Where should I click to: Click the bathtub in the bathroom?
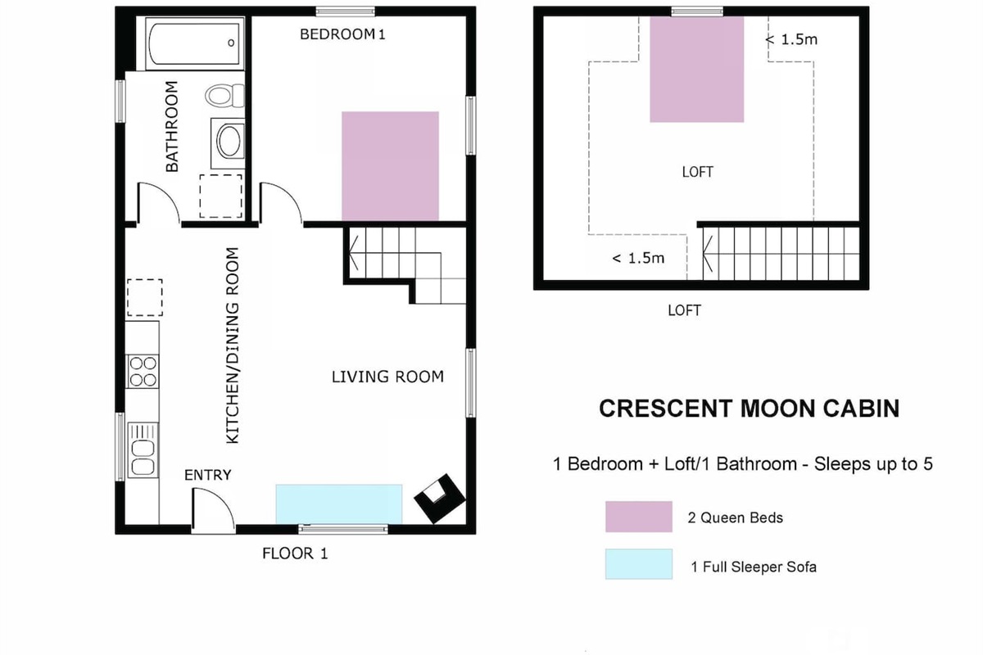coord(194,43)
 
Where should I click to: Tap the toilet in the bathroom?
coord(224,96)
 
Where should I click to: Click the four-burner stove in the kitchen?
coord(143,371)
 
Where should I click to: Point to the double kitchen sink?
coord(143,449)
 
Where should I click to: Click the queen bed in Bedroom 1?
coord(390,166)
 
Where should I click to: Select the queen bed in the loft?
coord(697,70)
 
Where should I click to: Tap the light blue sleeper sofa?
coord(339,504)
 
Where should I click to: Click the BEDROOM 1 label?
coord(342,34)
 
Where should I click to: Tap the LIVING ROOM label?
coord(387,377)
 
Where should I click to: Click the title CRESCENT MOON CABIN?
coord(749,409)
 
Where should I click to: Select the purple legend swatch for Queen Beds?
coord(638,517)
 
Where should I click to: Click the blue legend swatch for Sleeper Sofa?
coord(638,564)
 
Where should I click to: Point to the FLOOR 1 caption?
coord(295,553)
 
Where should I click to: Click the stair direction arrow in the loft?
coord(708,254)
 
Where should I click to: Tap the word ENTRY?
coord(207,475)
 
